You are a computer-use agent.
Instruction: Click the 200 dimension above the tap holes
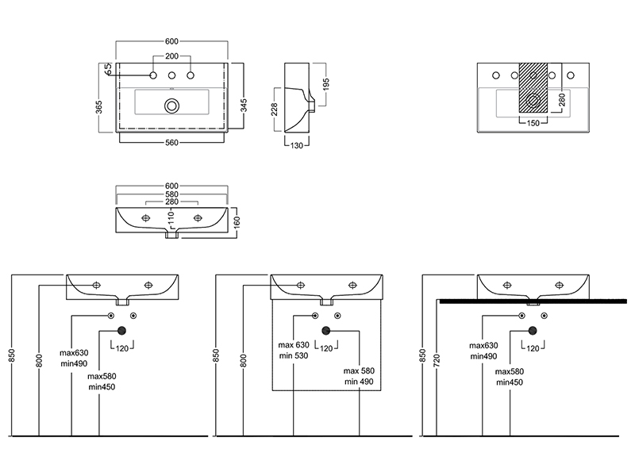[171, 57]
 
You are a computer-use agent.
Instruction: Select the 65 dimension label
[108, 71]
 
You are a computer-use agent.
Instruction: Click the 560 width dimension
[171, 143]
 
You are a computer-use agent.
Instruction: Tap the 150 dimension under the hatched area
[533, 123]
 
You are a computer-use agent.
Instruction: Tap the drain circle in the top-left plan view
[171, 105]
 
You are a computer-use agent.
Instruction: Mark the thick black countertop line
[516, 301]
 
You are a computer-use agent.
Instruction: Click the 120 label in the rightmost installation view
[533, 347]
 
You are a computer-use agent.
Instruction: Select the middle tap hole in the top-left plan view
[171, 76]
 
